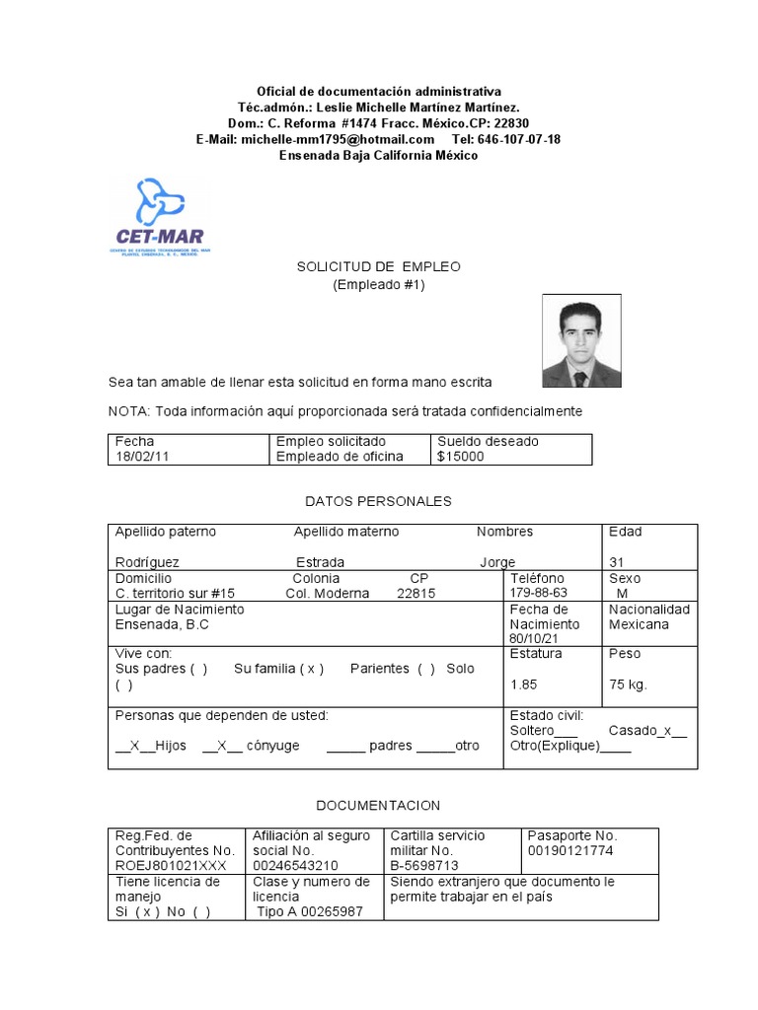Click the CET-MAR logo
click(x=159, y=217)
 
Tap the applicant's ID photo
click(x=581, y=341)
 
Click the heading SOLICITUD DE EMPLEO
click(x=379, y=267)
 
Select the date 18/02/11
click(x=137, y=456)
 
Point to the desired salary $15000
click(x=461, y=456)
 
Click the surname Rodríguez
click(x=147, y=562)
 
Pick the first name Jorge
click(x=497, y=562)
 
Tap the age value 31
click(x=617, y=562)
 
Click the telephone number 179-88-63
click(x=539, y=593)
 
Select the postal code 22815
click(x=416, y=594)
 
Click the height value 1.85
click(x=524, y=685)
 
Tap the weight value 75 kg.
click(x=628, y=685)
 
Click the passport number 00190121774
click(x=570, y=850)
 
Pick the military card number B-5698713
click(x=425, y=865)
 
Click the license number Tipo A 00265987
click(x=310, y=911)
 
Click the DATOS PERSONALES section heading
click(x=378, y=501)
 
